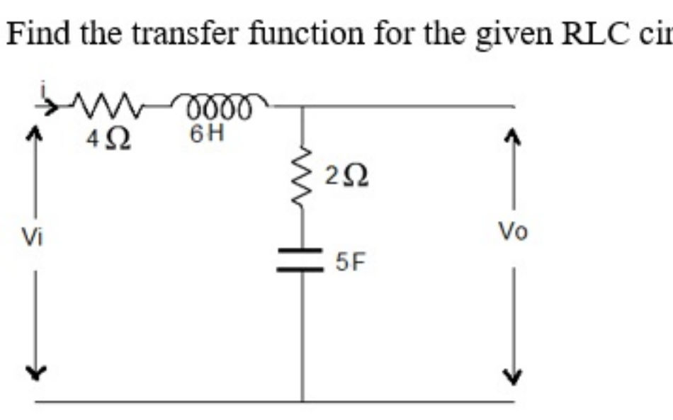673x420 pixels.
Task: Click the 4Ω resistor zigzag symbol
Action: click(x=107, y=108)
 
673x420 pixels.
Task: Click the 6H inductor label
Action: click(x=208, y=133)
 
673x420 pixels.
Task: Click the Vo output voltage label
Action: click(x=513, y=232)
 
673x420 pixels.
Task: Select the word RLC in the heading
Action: click(x=594, y=32)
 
